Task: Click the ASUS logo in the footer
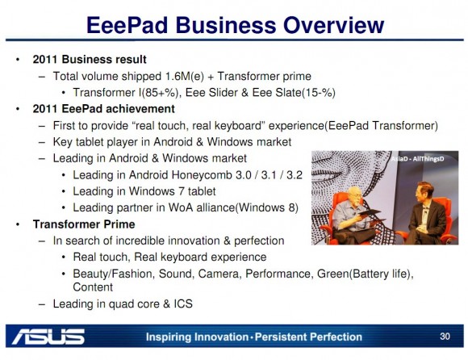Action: pos(48,337)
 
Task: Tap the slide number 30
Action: pos(445,337)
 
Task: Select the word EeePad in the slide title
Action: pos(127,25)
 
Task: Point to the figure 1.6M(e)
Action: pos(184,77)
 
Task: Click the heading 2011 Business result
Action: pos(90,60)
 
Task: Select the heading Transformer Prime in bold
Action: pos(84,224)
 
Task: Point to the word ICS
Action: pos(183,303)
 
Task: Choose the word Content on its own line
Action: pos(93,287)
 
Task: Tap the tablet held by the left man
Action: pos(370,212)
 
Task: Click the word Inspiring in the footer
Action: pos(169,337)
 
